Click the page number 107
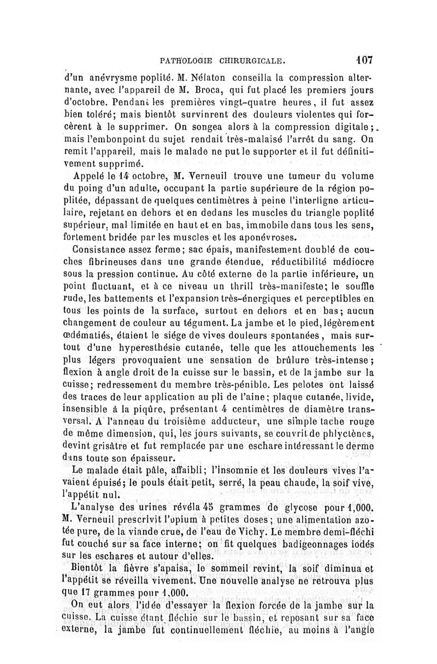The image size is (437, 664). (x=364, y=59)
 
